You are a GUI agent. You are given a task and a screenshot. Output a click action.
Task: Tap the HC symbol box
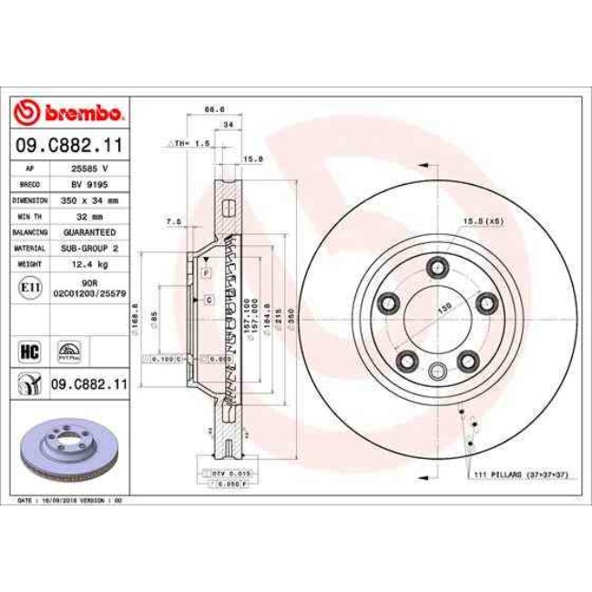point(28,349)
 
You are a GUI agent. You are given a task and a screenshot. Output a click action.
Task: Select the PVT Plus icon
point(69,350)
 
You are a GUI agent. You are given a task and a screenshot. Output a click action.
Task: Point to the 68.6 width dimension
point(214,109)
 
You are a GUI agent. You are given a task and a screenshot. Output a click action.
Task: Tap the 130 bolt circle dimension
point(445,309)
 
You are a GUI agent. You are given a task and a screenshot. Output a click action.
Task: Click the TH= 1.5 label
point(193,143)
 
